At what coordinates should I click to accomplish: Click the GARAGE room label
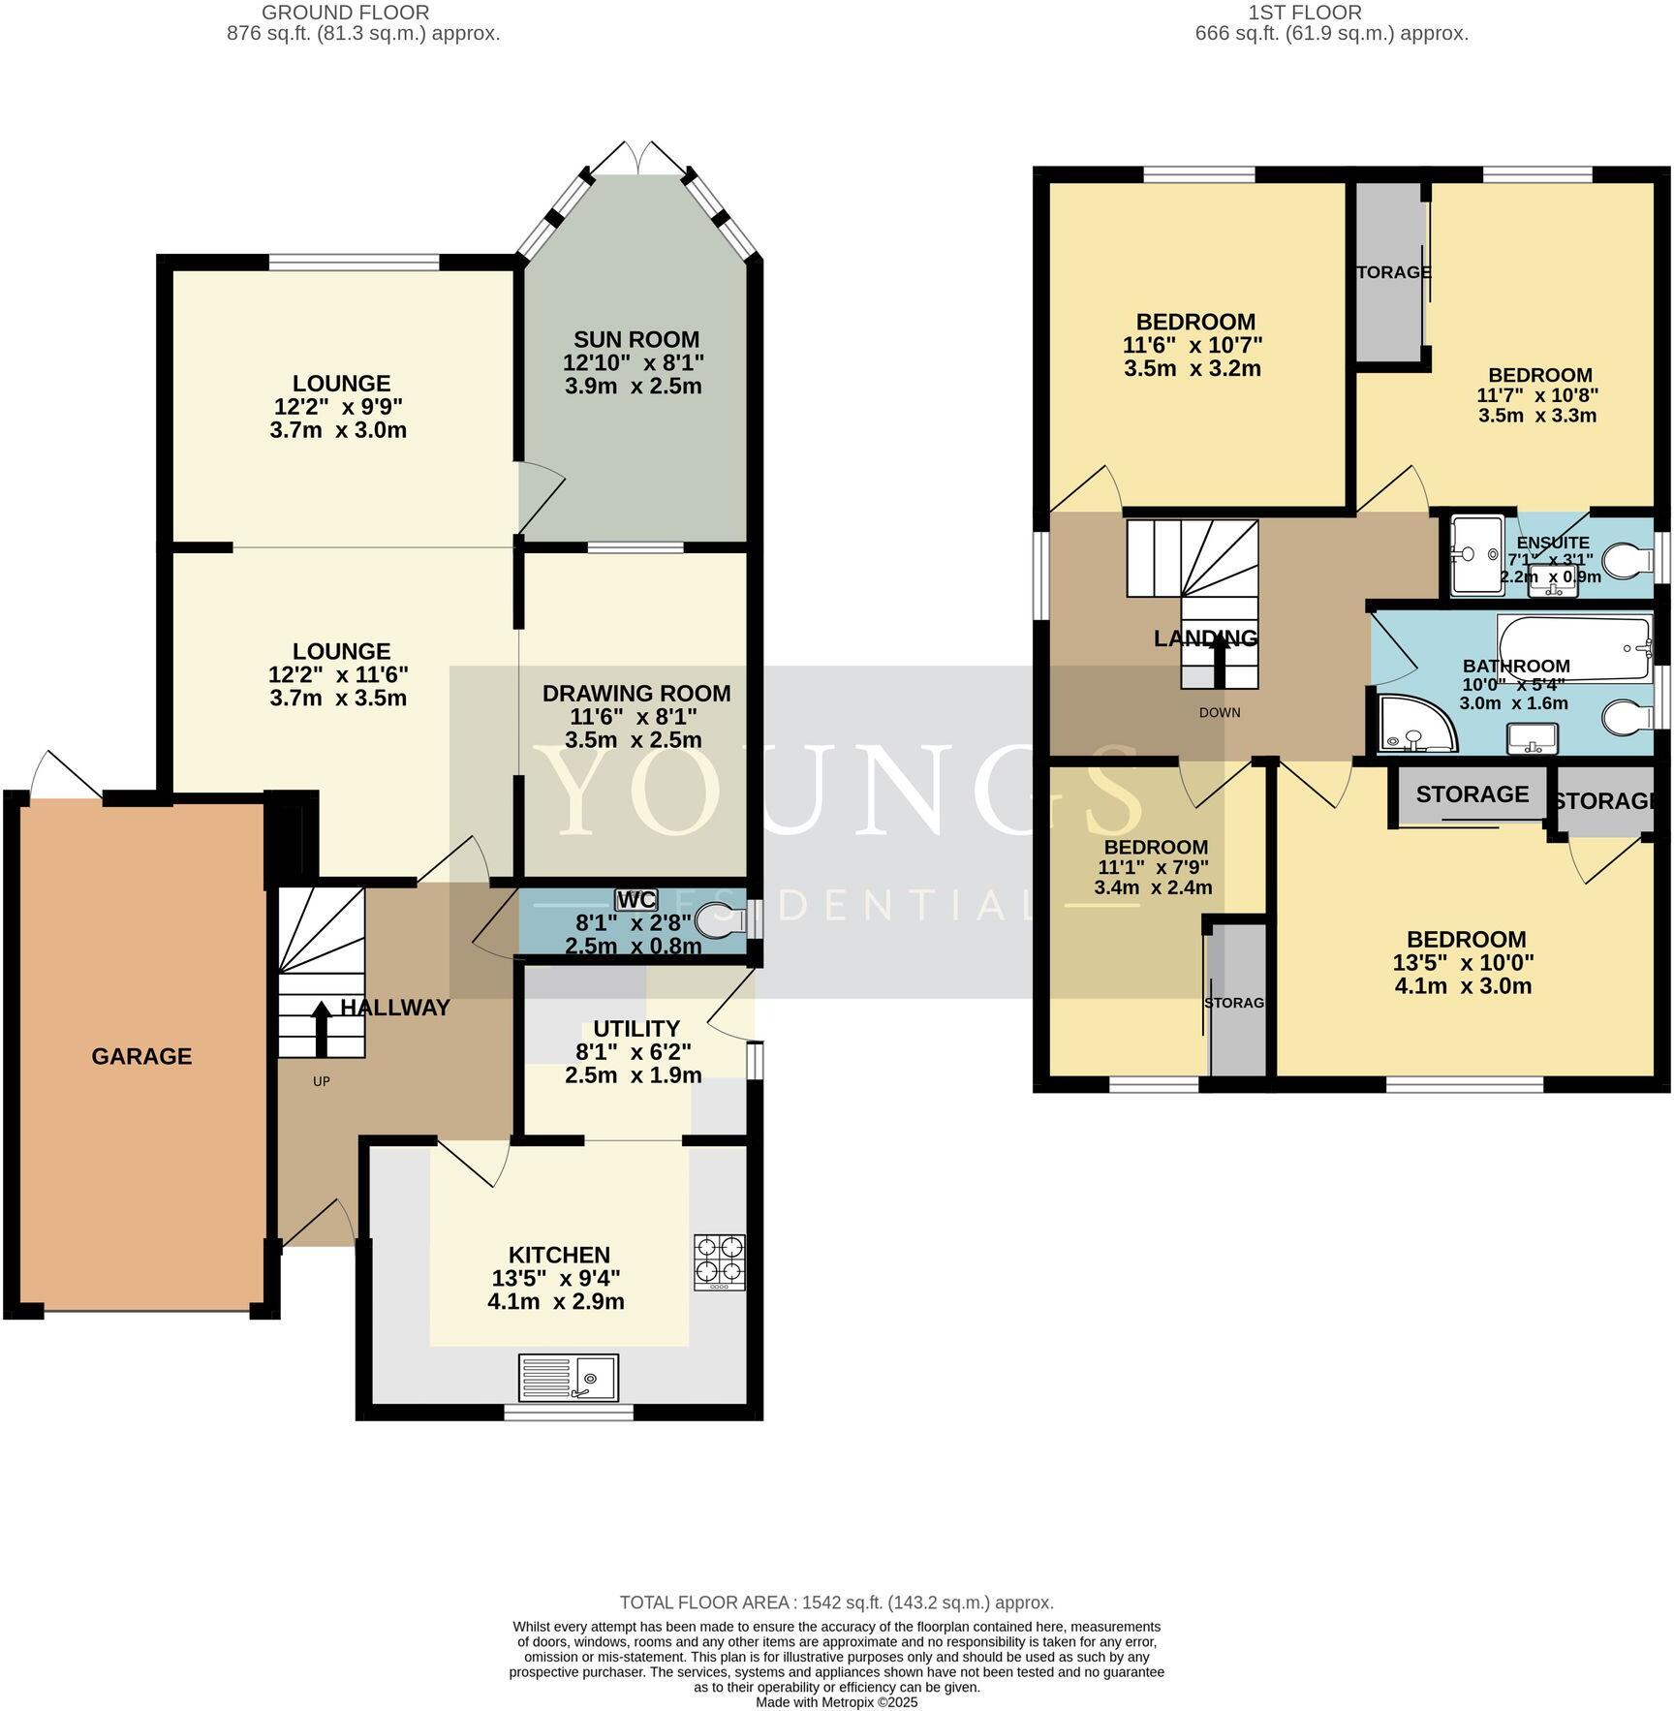(x=141, y=1056)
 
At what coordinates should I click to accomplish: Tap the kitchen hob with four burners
(x=720, y=1261)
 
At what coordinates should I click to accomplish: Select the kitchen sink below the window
(x=569, y=1377)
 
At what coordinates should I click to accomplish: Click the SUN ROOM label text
(x=635, y=339)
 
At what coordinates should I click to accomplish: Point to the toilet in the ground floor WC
(x=719, y=919)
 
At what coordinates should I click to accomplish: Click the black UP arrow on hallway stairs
(x=321, y=1028)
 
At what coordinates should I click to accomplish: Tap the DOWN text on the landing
(x=1219, y=712)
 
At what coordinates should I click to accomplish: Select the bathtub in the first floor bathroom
(x=1573, y=647)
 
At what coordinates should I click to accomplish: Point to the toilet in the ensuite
(x=1629, y=560)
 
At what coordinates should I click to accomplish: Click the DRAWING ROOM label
(x=635, y=694)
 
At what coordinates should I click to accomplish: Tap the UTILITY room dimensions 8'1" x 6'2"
(x=635, y=1051)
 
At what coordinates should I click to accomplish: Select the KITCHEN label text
(x=559, y=1256)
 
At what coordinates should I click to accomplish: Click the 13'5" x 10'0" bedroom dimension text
(x=1463, y=963)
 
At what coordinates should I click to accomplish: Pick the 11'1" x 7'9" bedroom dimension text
(x=1152, y=867)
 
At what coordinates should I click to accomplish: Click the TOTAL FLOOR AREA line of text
(x=836, y=1602)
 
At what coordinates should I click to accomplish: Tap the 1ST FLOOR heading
(x=1331, y=13)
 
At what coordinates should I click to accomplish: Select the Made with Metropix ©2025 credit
(x=836, y=1702)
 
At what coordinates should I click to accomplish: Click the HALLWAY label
(x=395, y=1008)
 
